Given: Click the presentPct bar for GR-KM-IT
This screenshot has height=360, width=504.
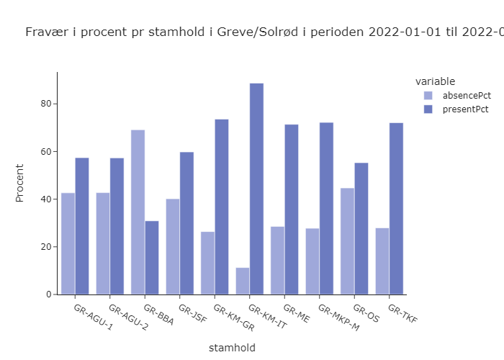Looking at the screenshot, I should point(256,189).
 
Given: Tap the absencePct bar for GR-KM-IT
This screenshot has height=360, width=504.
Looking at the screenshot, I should point(243,281).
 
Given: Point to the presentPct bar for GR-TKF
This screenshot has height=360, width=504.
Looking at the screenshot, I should point(396,209).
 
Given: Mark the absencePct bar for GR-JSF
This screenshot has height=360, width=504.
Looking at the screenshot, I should point(173,246).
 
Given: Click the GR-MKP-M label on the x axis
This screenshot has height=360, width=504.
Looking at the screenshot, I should point(338,318).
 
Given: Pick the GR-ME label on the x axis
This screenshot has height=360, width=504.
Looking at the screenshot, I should point(296,313).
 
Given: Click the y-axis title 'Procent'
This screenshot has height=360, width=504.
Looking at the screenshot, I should point(20,183).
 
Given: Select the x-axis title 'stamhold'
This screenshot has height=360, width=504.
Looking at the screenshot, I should point(232,348).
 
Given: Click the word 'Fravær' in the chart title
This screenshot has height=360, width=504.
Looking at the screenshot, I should point(45,32).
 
